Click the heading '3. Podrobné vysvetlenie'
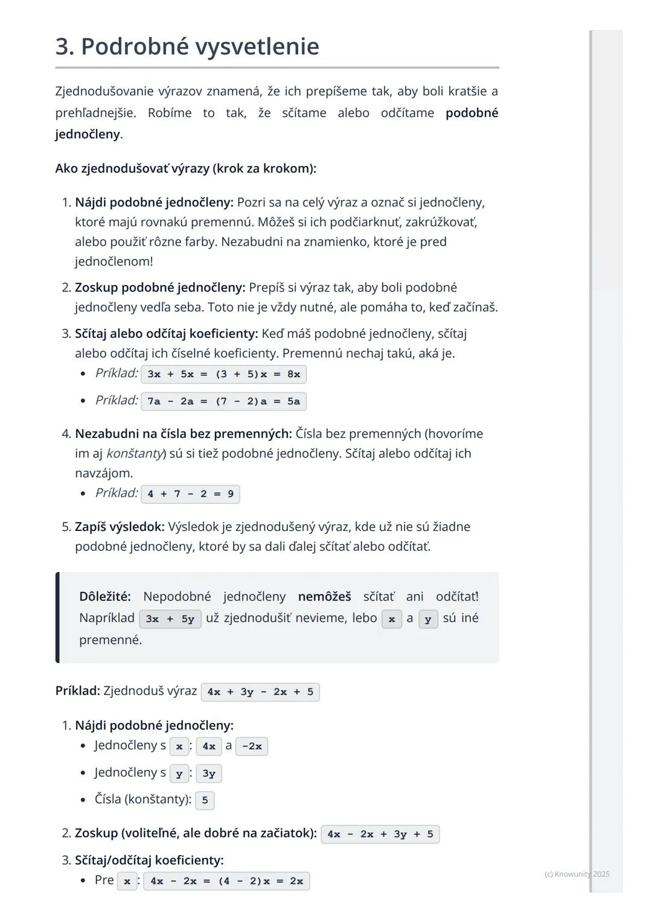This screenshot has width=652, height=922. point(187,46)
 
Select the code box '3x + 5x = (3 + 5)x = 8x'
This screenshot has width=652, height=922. point(223,374)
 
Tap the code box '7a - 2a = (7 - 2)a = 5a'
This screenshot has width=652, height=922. point(223,401)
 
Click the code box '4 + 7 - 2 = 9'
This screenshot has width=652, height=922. point(190,494)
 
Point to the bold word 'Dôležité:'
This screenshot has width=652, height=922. point(105,597)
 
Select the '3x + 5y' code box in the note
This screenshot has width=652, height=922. point(170,619)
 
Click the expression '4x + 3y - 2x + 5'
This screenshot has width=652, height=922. point(260,692)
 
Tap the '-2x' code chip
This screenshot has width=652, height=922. point(252,746)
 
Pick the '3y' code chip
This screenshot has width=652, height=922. point(209,774)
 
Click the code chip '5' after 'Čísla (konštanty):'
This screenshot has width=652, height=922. point(205,800)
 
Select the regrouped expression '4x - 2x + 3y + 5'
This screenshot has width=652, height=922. point(380,835)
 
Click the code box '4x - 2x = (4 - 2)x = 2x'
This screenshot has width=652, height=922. point(226,881)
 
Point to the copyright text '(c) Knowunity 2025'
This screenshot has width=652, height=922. point(577,874)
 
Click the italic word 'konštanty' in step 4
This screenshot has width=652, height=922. point(135,453)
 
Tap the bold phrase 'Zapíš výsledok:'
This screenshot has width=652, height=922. point(120,527)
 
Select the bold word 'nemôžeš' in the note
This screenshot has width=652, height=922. point(324,597)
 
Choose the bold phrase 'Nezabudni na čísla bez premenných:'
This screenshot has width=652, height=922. point(184,434)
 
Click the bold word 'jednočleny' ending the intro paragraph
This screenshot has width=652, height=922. point(87,134)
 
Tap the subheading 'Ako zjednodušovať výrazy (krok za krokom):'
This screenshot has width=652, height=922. point(185,168)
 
